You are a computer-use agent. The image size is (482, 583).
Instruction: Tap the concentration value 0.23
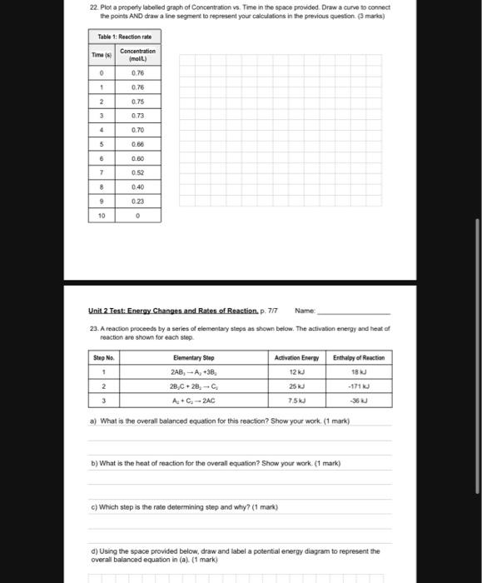coord(137,201)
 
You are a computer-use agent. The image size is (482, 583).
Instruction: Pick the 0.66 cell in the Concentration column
coord(137,143)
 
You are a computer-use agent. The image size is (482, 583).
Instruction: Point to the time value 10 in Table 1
coord(101,216)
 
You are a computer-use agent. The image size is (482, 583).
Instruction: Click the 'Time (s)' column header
coord(101,55)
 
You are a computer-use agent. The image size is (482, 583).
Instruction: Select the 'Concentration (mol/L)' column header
coord(137,55)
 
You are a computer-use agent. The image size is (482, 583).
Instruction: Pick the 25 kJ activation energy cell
coord(298,386)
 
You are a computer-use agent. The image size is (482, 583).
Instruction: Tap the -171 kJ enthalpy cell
coord(359,386)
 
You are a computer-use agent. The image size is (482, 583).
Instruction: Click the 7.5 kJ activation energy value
coord(298,400)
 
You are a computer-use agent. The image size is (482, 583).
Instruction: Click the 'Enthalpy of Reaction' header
coord(359,357)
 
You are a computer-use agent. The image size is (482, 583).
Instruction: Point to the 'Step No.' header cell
coord(103,357)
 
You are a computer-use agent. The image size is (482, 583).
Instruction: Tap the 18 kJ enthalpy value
coord(359,372)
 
